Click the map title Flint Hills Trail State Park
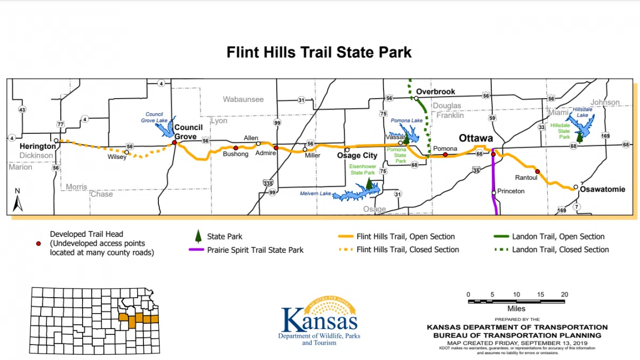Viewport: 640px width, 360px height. (x=319, y=53)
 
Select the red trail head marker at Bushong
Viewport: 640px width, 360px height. (x=236, y=148)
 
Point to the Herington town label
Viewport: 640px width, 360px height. (x=37, y=146)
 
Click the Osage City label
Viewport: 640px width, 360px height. (x=357, y=156)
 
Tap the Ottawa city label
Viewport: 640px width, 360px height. (x=476, y=138)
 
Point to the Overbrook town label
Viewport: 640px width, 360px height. (x=435, y=92)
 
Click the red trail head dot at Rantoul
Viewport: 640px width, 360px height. (x=538, y=171)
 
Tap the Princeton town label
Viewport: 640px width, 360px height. (x=511, y=191)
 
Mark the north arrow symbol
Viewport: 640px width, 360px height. (x=18, y=201)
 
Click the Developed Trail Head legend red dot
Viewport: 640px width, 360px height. (x=38, y=243)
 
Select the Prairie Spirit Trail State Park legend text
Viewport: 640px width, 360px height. (x=255, y=250)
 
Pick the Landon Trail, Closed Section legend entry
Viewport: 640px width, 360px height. (x=560, y=250)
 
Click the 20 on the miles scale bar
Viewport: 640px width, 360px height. (x=564, y=294)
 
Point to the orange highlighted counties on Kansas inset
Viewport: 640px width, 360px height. (x=138, y=319)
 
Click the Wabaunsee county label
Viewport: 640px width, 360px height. (x=243, y=100)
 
